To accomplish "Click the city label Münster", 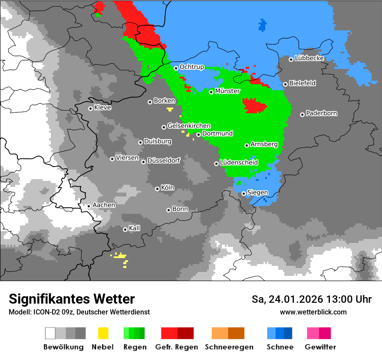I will (x=227, y=91).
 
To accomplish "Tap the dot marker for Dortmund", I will (x=198, y=134).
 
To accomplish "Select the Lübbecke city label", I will (x=309, y=58).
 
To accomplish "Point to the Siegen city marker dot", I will (x=244, y=193).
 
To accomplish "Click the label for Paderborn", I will (x=321, y=114).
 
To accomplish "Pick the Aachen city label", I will (x=104, y=205).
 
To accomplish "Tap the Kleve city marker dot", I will (x=90, y=108).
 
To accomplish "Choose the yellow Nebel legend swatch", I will (x=103, y=333).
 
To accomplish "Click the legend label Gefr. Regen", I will (x=177, y=347).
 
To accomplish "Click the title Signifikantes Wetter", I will (x=72, y=299).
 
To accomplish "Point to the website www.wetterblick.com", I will (x=313, y=312).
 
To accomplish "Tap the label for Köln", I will (x=167, y=188).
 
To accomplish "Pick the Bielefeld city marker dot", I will (x=285, y=84).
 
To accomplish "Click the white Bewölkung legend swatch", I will (x=50, y=333).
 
